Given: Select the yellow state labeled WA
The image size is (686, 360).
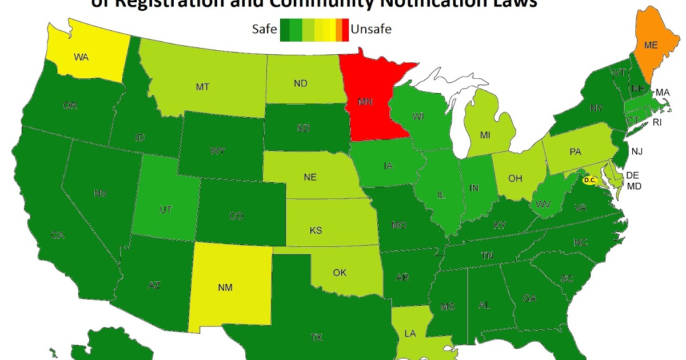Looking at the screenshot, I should pos(81,57).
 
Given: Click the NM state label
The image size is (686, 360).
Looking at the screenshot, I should pos(225,289).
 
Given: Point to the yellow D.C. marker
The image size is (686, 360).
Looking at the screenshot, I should pos(589,179).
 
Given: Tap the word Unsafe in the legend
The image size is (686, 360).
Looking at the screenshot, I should pos(371,29).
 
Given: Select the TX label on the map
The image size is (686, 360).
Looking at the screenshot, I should pos(316,337).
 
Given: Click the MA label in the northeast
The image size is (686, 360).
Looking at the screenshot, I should pos(663,92).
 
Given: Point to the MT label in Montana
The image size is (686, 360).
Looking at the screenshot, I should pos(202,87).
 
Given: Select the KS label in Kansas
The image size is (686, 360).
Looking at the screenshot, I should pos(316,230).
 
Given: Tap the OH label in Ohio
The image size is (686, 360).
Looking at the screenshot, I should pos(515,178).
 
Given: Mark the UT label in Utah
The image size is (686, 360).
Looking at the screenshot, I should pos(166,210).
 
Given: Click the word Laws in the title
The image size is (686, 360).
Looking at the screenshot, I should pos(512,5).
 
